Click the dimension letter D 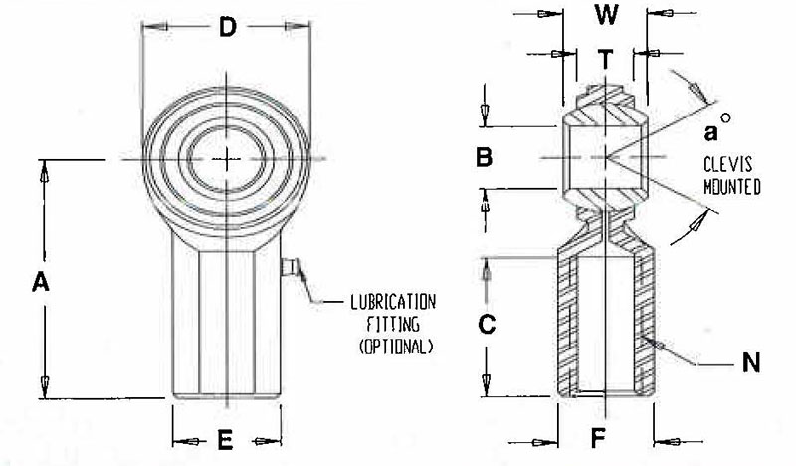click(228, 27)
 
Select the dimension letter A click(41, 282)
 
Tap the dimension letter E click(225, 440)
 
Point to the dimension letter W click(606, 15)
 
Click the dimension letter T click(605, 60)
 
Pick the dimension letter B click(484, 157)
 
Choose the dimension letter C click(487, 324)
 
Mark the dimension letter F click(599, 438)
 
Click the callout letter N click(751, 363)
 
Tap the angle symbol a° click(717, 127)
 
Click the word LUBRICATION click(393, 303)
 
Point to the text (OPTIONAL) click(396, 347)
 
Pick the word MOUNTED click(732, 187)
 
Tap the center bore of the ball click(227, 159)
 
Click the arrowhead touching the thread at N click(660, 346)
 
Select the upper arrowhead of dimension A click(45, 173)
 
